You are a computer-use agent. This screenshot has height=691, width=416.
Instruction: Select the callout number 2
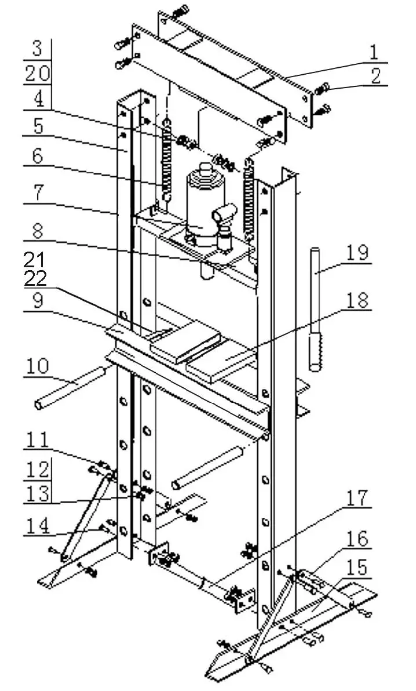[x=376, y=76]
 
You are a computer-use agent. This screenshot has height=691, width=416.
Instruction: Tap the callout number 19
[x=357, y=253]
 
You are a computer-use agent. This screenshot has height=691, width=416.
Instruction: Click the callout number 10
[x=37, y=368]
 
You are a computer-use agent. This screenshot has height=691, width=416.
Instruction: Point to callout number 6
[x=37, y=158]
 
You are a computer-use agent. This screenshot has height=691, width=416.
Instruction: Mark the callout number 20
[x=37, y=74]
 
